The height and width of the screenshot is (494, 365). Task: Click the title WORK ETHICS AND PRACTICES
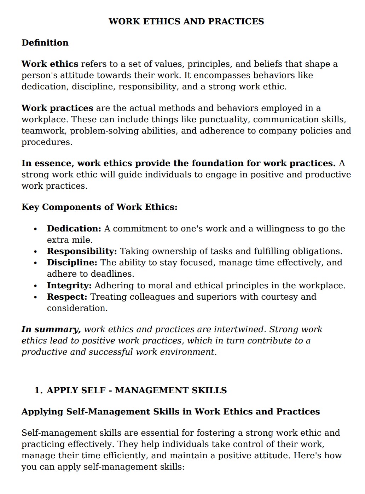tap(186, 22)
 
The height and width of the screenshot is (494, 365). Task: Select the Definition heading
tap(45, 43)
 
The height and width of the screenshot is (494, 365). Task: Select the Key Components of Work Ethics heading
tap(99, 207)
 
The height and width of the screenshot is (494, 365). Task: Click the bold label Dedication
tap(74, 229)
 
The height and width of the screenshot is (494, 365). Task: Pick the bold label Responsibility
tap(82, 251)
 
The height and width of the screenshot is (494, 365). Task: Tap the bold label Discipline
tap(72, 263)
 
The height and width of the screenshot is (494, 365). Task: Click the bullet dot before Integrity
tap(35, 286)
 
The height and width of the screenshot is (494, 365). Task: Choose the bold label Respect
tap(67, 297)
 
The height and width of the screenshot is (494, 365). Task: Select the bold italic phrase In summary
tap(51, 329)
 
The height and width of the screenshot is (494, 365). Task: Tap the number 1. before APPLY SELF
tap(39, 390)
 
